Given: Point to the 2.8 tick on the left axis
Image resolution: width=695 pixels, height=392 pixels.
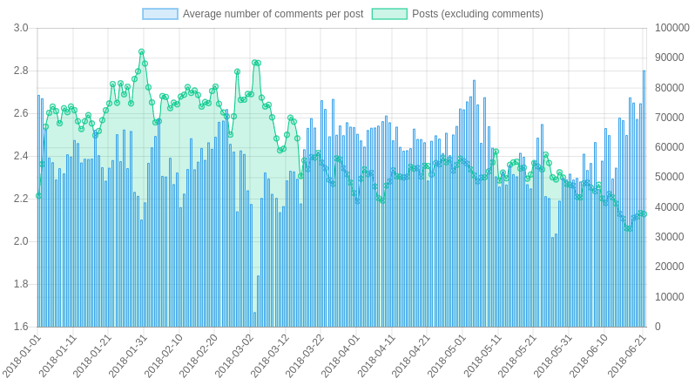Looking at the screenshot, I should [x=21, y=71].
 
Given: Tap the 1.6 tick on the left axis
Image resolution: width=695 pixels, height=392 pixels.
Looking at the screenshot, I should [x=21, y=327].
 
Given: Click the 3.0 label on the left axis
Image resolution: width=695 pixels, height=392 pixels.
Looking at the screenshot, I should [x=21, y=28].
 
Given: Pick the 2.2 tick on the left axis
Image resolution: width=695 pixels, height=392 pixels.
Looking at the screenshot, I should [x=21, y=199].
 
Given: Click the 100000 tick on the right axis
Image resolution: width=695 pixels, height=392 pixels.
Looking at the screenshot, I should [x=671, y=28].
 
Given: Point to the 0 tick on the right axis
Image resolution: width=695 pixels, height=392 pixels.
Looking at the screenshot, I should [x=658, y=327].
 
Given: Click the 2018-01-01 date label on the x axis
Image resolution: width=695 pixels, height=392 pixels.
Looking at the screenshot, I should [x=22, y=356].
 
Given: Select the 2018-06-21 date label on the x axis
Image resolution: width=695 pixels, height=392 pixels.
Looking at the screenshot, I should [x=626, y=356].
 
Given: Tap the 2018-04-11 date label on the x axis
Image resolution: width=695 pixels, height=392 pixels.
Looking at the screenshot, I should [x=377, y=356].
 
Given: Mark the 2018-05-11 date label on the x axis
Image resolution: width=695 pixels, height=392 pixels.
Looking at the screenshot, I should [x=484, y=356].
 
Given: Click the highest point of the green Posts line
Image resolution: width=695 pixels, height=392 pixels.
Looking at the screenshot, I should [x=142, y=52].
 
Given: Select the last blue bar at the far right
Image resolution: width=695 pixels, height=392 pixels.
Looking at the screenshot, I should [x=644, y=199].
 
